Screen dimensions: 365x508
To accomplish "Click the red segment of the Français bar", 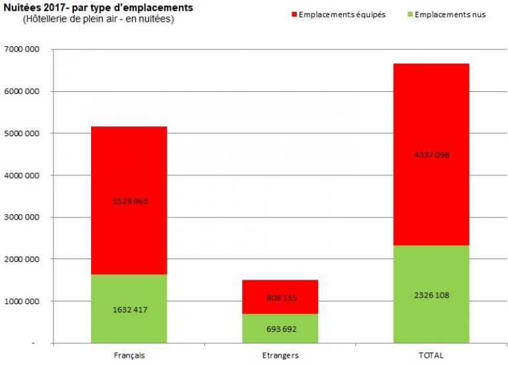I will (129, 165).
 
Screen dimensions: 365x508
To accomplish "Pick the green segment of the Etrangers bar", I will (280, 331).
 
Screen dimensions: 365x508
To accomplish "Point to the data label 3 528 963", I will (129, 201).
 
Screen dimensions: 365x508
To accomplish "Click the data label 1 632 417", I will (129, 309).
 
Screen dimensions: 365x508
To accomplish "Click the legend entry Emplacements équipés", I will (337, 14).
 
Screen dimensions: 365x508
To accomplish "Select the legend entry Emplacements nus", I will (453, 14).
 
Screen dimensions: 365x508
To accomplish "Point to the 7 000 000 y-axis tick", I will (20, 50).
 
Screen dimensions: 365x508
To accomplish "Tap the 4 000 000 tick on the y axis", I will (20, 175).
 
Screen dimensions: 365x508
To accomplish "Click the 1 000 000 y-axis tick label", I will (20, 302).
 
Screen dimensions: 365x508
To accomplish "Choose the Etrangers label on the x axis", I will (280, 356).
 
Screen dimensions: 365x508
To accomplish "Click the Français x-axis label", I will (129, 356).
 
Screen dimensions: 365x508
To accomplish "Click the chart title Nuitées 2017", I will (98, 8).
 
